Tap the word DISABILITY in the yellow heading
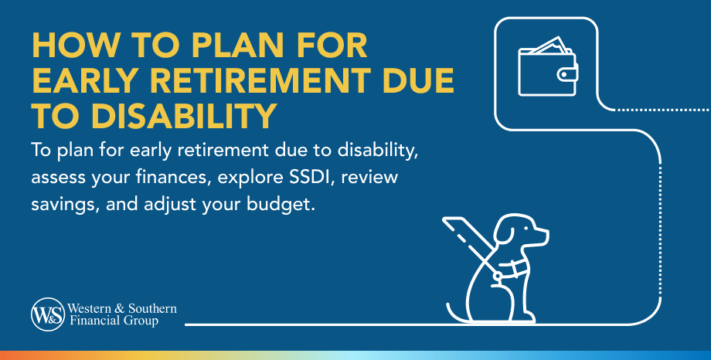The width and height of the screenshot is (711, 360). click(183, 116)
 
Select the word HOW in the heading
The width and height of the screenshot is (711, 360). click(66, 46)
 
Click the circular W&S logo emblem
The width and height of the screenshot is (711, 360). click(48, 314)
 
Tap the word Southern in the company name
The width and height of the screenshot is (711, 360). click(152, 309)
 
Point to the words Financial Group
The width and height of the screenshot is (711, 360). click(114, 321)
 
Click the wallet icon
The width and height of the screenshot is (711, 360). click(548, 66)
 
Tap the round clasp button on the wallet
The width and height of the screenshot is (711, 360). click(563, 74)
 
